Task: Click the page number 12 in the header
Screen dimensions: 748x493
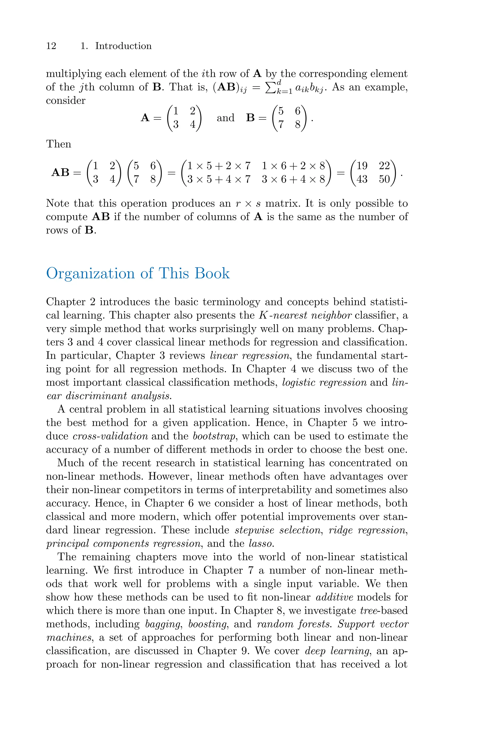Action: pos(51,46)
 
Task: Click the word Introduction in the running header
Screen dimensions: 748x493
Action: pos(123,46)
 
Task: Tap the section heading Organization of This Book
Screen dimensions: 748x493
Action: pos(138,273)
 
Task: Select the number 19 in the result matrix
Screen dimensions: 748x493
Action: pos(362,165)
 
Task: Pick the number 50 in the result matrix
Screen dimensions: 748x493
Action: pos(384,179)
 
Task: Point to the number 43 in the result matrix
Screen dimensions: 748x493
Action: pos(362,179)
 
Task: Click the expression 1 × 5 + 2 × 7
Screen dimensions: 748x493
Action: pos(219,165)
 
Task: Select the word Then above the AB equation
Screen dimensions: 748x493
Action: pos(58,144)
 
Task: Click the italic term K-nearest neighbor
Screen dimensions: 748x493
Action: pos(305,315)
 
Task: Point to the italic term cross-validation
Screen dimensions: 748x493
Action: pos(110,436)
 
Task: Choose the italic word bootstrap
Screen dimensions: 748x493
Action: pos(214,436)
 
